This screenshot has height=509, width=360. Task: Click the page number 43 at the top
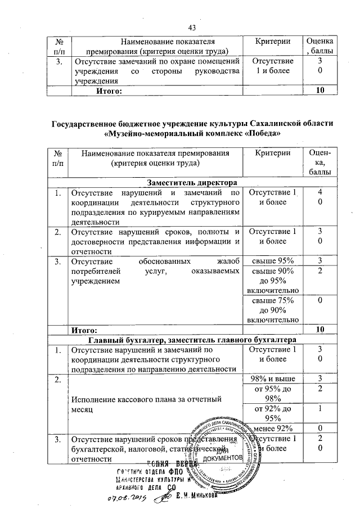pyautogui.click(x=192, y=28)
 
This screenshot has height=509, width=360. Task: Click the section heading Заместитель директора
pyautogui.click(x=193, y=183)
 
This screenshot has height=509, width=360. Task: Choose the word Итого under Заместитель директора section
pyautogui.click(x=83, y=328)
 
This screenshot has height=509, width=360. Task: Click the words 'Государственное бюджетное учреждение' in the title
pyautogui.click(x=130, y=123)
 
